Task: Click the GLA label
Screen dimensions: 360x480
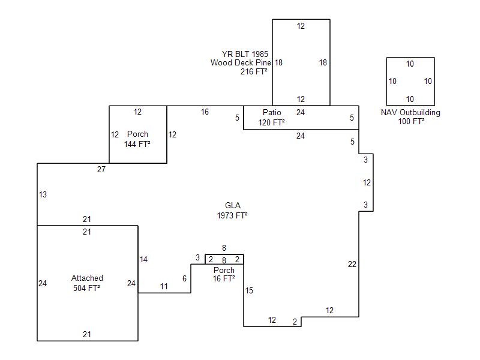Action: (232, 206)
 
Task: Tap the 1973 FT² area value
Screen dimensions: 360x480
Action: (232, 215)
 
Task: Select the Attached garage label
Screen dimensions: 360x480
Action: (87, 278)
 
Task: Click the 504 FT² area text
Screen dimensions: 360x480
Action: (87, 288)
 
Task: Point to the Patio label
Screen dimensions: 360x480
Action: (272, 113)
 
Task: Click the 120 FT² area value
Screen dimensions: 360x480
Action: (272, 122)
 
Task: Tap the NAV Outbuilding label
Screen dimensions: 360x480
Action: (410, 113)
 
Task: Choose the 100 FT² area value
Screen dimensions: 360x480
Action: (411, 122)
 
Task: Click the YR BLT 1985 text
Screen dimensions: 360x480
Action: (245, 54)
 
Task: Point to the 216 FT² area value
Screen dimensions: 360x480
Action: (254, 71)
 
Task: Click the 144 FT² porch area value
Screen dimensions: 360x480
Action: (137, 144)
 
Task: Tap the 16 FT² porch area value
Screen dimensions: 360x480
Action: (224, 279)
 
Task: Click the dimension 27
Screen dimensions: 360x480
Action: (101, 170)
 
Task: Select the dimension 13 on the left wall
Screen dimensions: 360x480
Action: (43, 195)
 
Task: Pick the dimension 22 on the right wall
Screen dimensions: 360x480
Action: (352, 264)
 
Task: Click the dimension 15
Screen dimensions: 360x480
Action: (249, 291)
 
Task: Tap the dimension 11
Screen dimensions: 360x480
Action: (164, 287)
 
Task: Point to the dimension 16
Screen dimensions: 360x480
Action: (205, 112)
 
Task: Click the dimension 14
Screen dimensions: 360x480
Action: (143, 260)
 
